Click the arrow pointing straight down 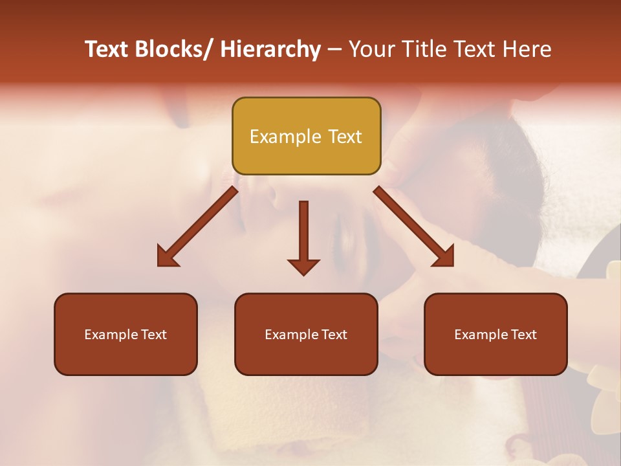click(x=303, y=236)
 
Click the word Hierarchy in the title click(x=270, y=49)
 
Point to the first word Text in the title click(x=107, y=49)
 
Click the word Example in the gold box click(x=285, y=137)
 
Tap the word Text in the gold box click(x=344, y=137)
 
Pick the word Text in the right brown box click(x=523, y=335)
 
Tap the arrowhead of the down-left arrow click(x=167, y=258)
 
